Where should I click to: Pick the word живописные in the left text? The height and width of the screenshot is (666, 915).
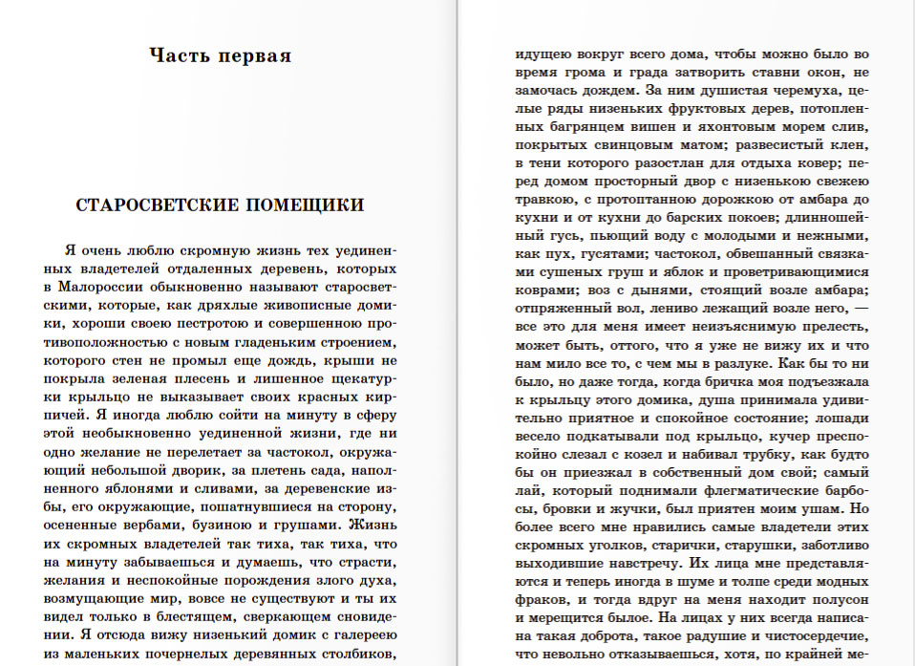(x=309, y=308)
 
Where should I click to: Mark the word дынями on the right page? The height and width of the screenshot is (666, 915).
(x=650, y=290)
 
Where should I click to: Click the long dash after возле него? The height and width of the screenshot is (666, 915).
(x=861, y=308)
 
